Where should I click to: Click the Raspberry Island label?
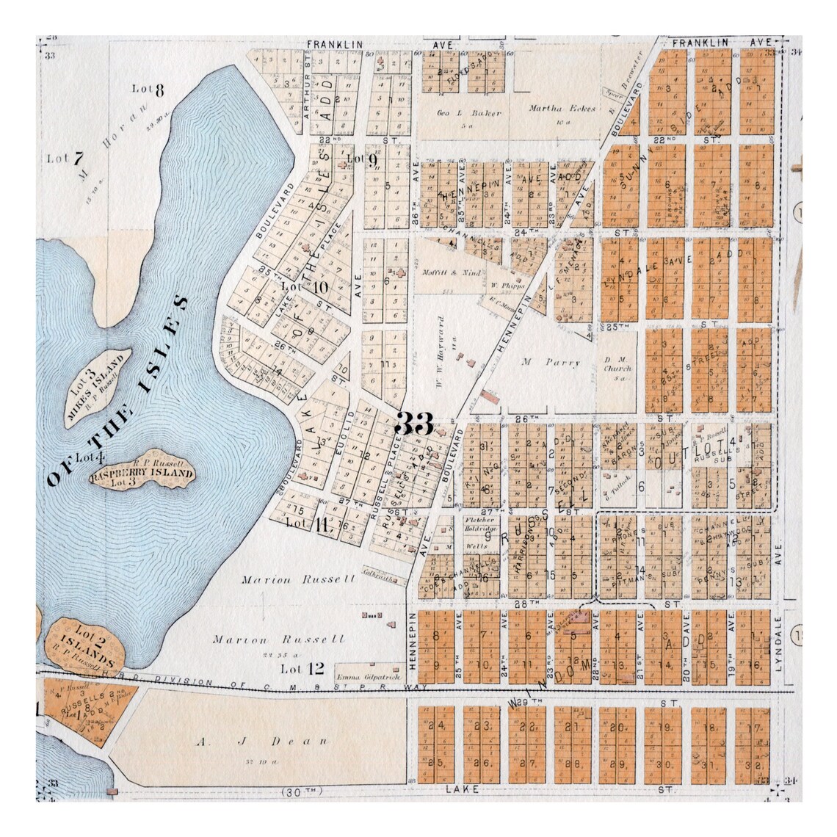pos(142,474)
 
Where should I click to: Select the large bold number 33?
pos(414,424)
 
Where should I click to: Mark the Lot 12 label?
pos(302,668)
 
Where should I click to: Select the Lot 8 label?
pos(148,89)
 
